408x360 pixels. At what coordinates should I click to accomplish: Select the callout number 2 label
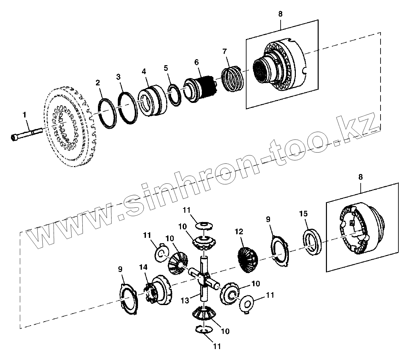coord(98,83)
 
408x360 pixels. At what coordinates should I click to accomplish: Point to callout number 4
coord(144,71)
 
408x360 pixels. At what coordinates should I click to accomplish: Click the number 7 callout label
coord(225,51)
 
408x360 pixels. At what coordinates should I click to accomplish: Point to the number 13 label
coord(185,300)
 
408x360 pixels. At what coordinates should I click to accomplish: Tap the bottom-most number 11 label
coord(217,346)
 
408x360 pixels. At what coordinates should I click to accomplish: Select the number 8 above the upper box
coord(280,14)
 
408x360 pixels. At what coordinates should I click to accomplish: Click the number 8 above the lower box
coord(360,177)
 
